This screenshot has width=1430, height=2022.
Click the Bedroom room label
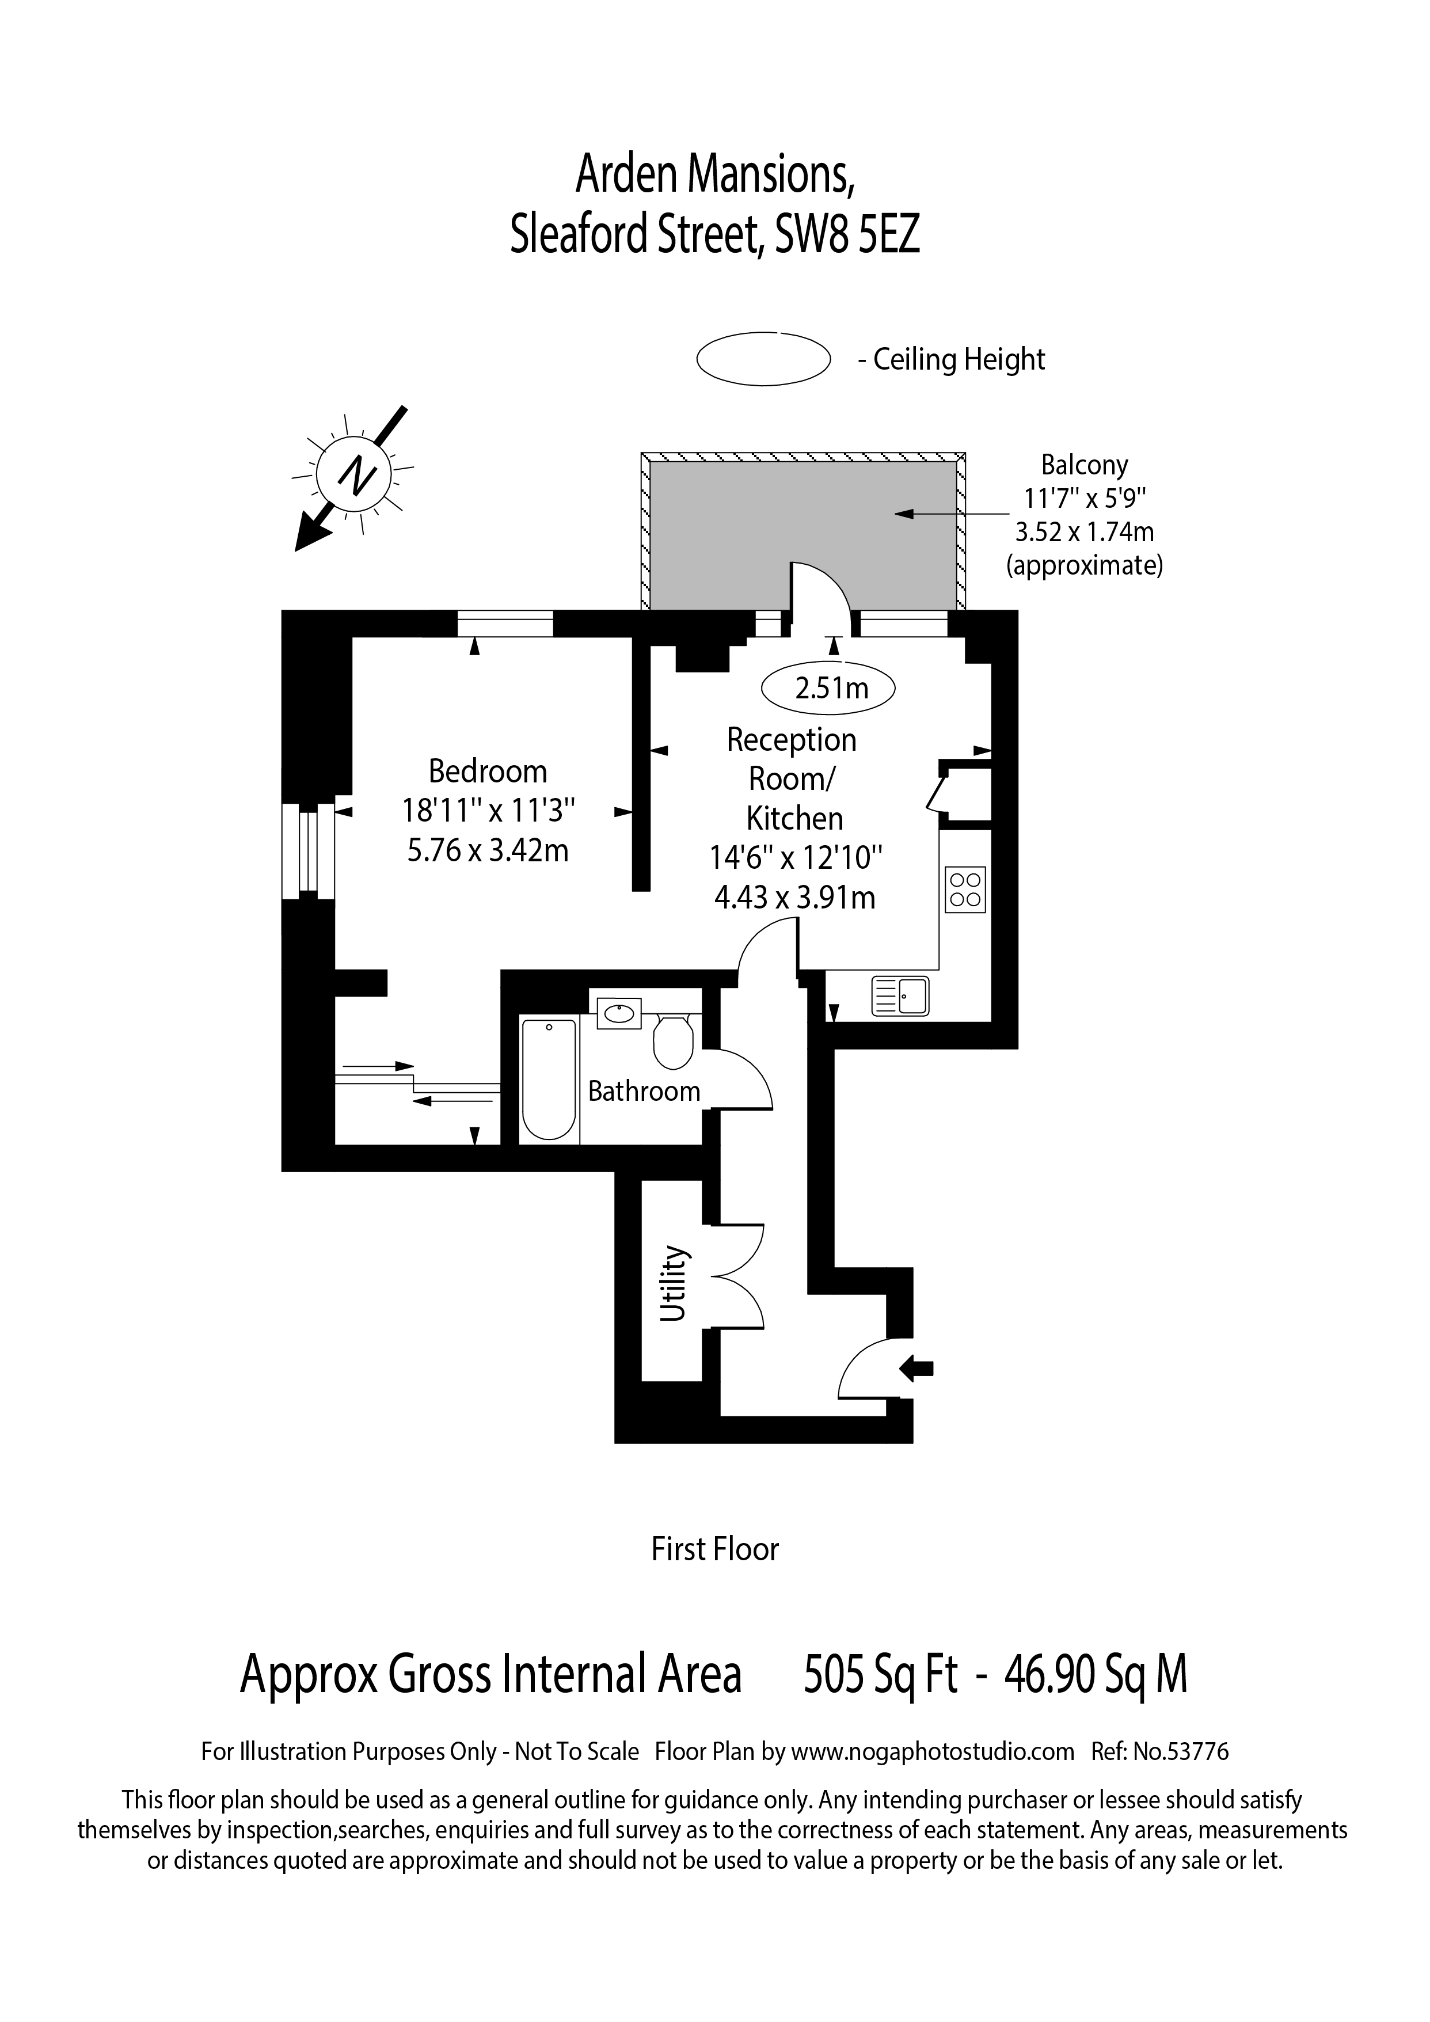click(x=488, y=771)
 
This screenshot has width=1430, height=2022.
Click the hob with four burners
click(x=965, y=890)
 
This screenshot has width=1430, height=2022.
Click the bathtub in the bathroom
click(x=549, y=1079)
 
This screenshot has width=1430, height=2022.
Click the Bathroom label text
click(x=644, y=1091)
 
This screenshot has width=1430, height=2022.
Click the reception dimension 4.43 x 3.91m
click(x=794, y=898)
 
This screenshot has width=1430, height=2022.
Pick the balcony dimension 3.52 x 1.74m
click(x=1085, y=532)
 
